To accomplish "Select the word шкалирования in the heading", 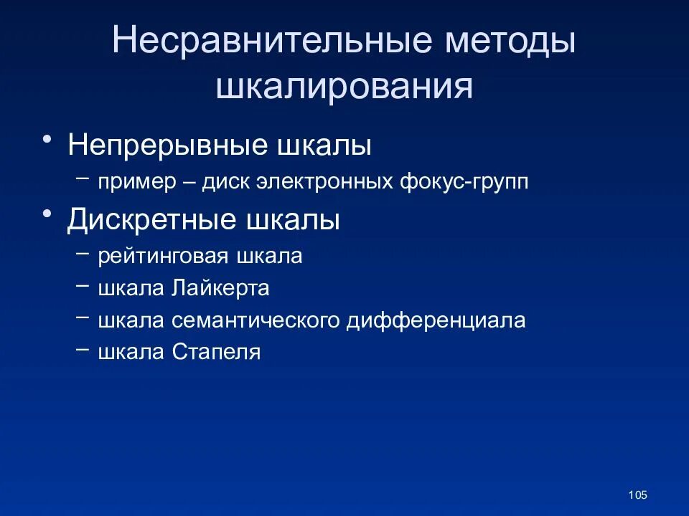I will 344,87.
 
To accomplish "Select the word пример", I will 137,182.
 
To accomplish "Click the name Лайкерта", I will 220,288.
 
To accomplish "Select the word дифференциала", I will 436,320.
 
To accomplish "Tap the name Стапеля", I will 216,352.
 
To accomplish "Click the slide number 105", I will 637,494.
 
